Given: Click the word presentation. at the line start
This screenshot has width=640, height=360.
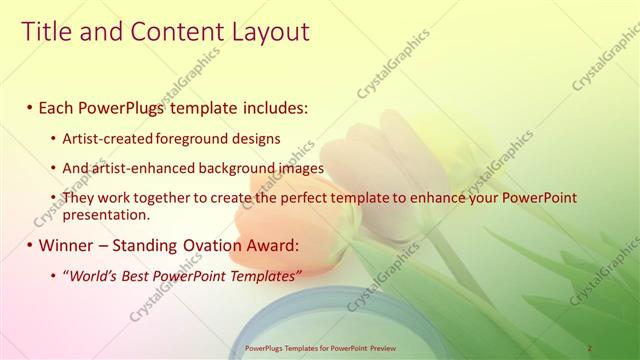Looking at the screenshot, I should click(106, 214).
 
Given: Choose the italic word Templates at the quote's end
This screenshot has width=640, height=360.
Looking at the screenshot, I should click(264, 275).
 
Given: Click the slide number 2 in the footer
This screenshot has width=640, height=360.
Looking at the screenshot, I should click(590, 348).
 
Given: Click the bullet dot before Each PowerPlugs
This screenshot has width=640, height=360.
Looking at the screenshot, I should click(30, 107).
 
